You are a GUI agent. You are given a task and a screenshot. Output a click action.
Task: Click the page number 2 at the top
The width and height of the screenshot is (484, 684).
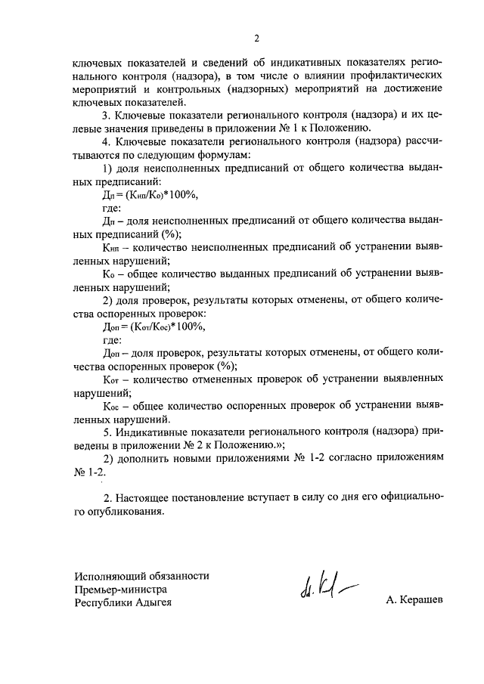256,38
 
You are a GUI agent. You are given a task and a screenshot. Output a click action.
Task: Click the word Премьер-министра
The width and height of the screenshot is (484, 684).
120,589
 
